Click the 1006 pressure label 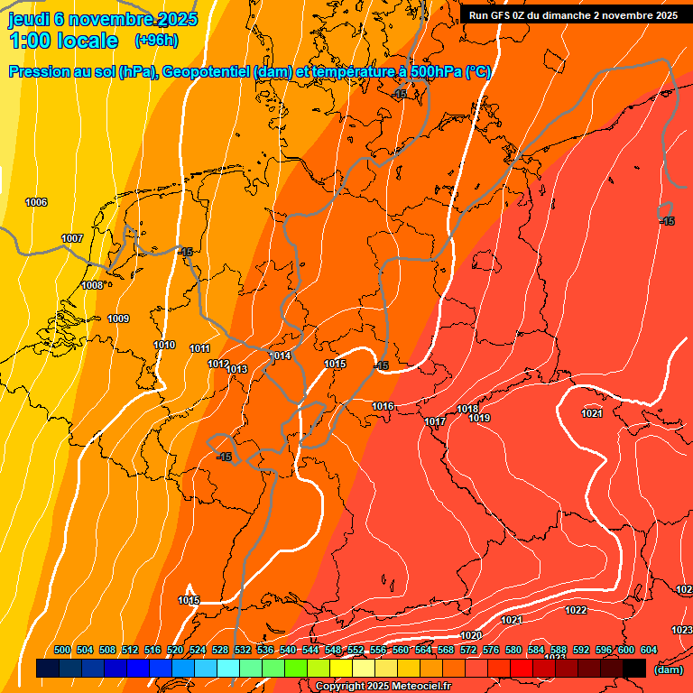[x=36, y=202]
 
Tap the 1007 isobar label [x=72, y=238]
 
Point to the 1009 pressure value [x=118, y=319]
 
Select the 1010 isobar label [x=164, y=345]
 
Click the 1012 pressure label [x=218, y=364]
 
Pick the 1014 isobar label [x=281, y=356]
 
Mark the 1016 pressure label [x=383, y=407]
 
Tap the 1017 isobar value [x=435, y=421]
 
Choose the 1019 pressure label [x=479, y=418]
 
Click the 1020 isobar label [x=471, y=636]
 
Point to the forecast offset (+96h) [x=156, y=40]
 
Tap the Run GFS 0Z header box [x=573, y=15]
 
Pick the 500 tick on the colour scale [x=62, y=650]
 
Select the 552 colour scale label [x=356, y=650]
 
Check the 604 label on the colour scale [x=649, y=650]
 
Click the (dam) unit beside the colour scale [x=669, y=669]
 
